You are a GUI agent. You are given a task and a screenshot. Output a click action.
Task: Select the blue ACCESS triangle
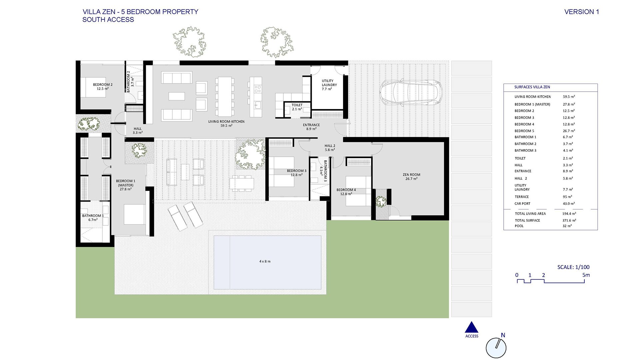[x=472, y=327]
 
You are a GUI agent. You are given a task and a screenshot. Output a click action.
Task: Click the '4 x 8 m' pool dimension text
[x=265, y=261]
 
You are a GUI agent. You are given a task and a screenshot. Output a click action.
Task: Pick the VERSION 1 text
[x=582, y=12]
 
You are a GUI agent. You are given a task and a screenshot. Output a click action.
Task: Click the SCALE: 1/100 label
[x=573, y=267]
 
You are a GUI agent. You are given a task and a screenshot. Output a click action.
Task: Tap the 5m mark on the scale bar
[x=586, y=275]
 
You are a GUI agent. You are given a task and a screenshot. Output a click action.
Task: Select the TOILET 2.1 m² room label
[x=297, y=107]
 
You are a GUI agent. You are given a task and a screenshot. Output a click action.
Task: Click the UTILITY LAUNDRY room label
[x=329, y=85]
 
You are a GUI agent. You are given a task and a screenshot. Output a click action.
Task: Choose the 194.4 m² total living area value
[x=569, y=214]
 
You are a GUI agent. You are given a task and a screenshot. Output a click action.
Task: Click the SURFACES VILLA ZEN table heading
[x=532, y=87]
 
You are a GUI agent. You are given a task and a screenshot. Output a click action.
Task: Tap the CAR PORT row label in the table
[x=522, y=204]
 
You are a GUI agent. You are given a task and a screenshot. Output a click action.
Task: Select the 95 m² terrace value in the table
[x=567, y=197]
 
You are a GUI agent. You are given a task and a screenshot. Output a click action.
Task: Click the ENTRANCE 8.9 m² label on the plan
[x=311, y=127]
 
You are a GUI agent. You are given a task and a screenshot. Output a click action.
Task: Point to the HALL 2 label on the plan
[x=330, y=146]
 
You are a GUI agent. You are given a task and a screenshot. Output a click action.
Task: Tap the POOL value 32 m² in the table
[x=567, y=226]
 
